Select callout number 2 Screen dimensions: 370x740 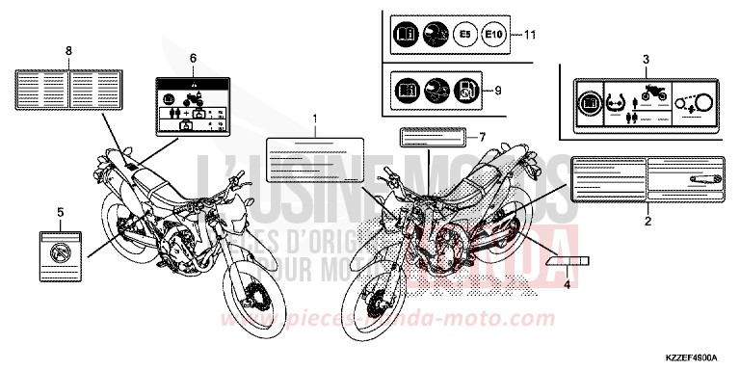tap(647, 222)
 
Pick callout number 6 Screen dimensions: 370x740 tap(193, 59)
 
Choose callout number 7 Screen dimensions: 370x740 tap(483, 135)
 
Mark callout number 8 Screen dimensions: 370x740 tap(68, 48)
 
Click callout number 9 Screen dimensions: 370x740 tap(498, 92)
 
